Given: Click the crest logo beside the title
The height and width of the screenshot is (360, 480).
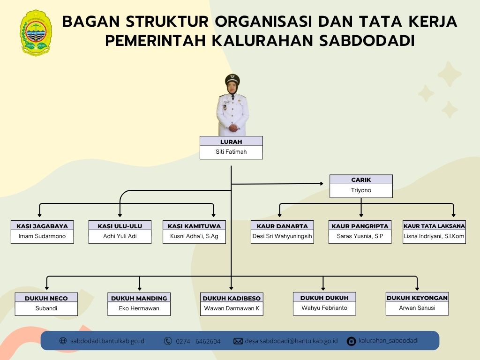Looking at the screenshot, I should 36,33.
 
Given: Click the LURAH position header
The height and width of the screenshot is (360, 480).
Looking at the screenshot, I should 231,141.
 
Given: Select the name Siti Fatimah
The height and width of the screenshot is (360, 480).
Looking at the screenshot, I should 231,152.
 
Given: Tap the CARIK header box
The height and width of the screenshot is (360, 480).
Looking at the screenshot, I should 361,180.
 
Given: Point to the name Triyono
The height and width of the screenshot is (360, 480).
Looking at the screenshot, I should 361,190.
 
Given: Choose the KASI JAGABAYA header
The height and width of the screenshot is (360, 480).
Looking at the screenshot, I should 42,226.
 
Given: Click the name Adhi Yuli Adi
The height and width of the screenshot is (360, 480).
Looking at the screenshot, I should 120,236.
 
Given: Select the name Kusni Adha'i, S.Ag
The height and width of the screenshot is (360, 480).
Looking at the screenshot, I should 194,236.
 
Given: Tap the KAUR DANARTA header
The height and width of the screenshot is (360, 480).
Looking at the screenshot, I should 282,226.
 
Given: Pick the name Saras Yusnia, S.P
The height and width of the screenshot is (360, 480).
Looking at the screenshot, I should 360,236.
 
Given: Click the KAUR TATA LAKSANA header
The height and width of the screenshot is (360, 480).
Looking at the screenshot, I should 434,226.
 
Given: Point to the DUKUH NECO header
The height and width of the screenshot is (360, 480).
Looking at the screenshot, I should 46,298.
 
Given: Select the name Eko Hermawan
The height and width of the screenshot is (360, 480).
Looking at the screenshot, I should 139,308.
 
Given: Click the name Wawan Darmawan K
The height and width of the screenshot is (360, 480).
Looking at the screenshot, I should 232,308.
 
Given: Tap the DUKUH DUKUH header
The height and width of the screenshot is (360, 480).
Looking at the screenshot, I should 324,297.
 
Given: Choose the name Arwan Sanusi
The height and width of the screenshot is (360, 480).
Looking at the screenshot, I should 417,308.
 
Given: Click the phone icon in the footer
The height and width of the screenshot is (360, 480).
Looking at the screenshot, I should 168,341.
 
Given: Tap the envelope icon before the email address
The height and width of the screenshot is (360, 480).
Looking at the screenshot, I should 238,341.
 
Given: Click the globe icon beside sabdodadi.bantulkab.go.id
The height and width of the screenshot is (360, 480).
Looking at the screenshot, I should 63,341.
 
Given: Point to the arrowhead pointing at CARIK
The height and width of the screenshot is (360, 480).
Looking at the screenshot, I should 322,184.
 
